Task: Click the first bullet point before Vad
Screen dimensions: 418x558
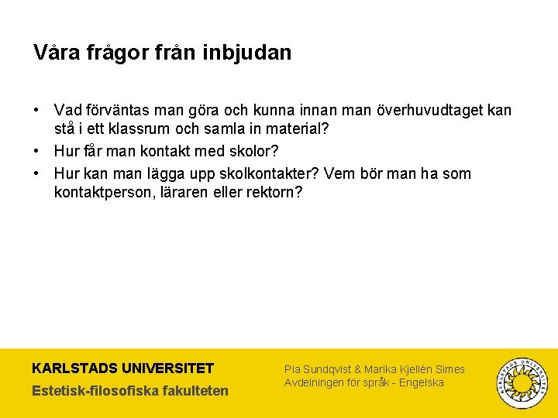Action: pos(37,111)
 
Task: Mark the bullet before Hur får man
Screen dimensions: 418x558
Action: pos(37,151)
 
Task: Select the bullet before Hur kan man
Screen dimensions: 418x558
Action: pos(37,173)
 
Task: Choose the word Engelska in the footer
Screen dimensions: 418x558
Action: pos(422,382)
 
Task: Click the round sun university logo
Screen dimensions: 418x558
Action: pos(522,382)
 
